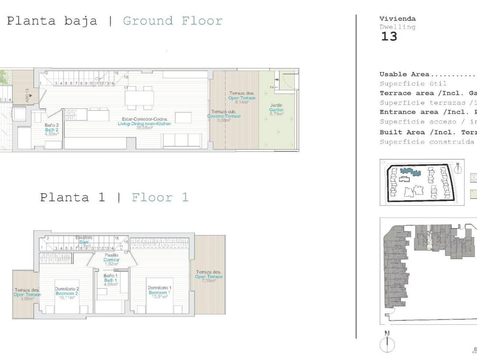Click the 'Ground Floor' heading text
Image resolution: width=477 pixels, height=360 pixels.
172,21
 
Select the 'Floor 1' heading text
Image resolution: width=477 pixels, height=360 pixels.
160,197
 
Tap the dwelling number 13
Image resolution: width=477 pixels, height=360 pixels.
389,37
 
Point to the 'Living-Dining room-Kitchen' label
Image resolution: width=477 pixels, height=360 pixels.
144,124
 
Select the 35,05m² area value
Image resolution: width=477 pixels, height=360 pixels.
144,128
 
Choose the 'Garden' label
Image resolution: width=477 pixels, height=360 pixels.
277,110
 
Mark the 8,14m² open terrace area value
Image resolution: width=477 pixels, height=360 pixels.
242,102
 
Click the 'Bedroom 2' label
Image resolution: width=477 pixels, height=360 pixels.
67,293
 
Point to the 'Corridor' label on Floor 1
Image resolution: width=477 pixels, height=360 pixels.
111,260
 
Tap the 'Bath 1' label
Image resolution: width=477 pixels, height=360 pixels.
110,280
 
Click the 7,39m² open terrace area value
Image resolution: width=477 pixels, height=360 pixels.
208,281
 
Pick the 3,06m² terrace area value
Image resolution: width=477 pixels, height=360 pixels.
27,299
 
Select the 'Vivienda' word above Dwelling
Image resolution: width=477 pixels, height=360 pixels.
397,19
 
